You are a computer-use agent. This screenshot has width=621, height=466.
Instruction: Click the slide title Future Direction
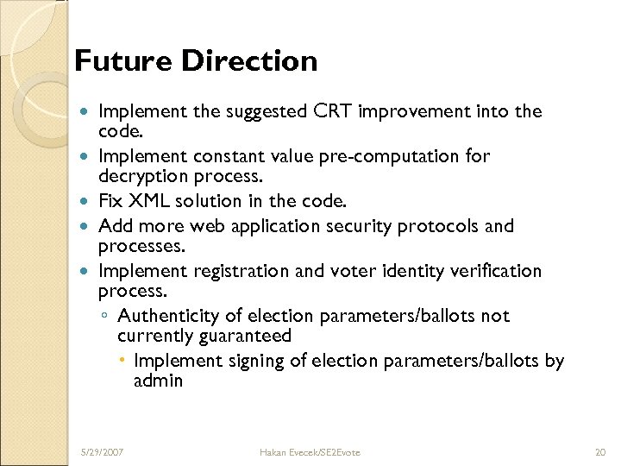pyautogui.click(x=196, y=61)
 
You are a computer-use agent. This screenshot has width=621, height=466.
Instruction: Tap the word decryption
pyautogui.click(x=141, y=175)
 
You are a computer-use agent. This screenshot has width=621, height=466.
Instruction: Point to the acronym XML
pyautogui.click(x=150, y=202)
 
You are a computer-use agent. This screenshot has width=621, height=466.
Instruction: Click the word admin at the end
pyautogui.click(x=158, y=380)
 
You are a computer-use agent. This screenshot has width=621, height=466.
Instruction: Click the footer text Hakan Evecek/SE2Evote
pyautogui.click(x=310, y=451)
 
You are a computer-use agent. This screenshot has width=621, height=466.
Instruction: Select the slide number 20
pyautogui.click(x=601, y=451)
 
